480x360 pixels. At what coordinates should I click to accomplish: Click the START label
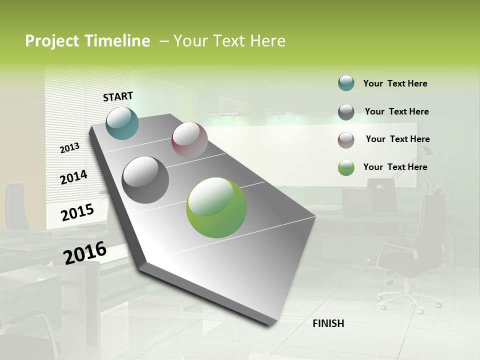coord(118,96)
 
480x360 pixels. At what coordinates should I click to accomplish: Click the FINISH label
coord(328,323)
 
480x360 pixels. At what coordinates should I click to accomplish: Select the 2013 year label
coord(70,147)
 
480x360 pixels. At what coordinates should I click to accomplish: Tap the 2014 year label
coord(73,177)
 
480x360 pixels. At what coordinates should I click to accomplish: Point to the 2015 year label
coord(77,212)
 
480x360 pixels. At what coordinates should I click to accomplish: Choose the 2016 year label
coord(85,252)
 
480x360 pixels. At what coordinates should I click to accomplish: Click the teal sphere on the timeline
coord(122,123)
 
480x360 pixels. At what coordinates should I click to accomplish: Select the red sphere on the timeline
coord(189,140)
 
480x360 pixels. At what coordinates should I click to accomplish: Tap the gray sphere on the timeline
coord(145,180)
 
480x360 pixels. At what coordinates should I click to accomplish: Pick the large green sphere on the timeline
coord(216,207)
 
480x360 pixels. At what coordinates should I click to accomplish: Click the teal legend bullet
coord(346,83)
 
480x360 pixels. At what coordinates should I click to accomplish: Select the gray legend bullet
coord(346,112)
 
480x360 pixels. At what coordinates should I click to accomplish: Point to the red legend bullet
coord(346,140)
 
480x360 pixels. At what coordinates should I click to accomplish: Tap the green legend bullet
coord(346,167)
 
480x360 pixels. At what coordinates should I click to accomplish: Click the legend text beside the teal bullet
coord(395,84)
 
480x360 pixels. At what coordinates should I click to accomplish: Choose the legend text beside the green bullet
coord(395,167)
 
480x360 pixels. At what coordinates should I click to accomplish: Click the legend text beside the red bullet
coord(397,139)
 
